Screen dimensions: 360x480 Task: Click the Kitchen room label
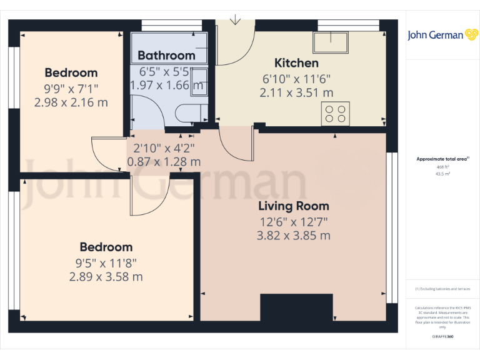(x=296, y=63)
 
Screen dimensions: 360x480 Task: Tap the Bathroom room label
(x=166, y=55)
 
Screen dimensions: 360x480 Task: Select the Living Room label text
(x=294, y=206)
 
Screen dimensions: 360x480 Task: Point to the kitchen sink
(x=332, y=42)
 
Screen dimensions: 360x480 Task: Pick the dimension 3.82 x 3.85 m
(x=294, y=236)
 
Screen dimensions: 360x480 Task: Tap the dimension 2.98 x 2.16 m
(x=71, y=102)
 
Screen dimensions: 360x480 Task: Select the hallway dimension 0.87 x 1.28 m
(x=164, y=161)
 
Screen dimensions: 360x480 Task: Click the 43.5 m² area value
(x=442, y=174)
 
